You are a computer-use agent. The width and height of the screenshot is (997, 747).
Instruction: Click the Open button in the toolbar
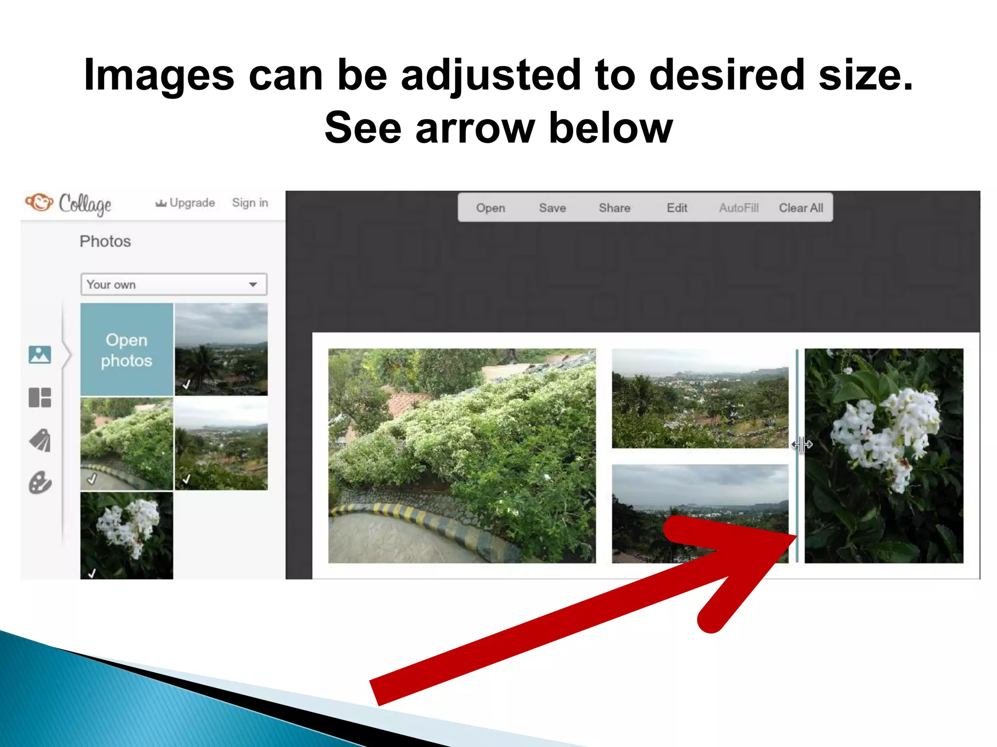[x=490, y=208]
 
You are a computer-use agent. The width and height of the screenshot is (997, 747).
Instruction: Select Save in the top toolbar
[x=552, y=208]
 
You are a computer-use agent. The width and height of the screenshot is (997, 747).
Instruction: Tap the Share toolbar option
[x=614, y=208]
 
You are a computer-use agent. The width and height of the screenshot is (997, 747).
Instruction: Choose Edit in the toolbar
[x=677, y=208]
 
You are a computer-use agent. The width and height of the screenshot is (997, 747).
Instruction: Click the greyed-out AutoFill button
[x=739, y=208]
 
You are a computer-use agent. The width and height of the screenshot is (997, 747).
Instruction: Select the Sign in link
[x=250, y=203]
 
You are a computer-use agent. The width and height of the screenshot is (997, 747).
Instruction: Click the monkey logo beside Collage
[x=39, y=202]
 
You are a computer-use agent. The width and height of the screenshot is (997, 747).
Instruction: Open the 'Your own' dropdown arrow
[x=253, y=285]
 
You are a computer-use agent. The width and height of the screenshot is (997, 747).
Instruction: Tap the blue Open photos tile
[x=127, y=350]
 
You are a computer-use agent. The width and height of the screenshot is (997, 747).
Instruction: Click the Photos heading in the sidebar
[x=105, y=242]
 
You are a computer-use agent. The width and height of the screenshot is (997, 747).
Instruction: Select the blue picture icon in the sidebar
[x=40, y=355]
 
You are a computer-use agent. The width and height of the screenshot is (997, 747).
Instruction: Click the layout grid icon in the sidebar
[x=40, y=397]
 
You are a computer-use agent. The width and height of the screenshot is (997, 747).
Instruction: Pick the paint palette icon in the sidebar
[x=40, y=483]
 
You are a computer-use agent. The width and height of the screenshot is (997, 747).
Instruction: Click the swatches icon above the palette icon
[x=40, y=441]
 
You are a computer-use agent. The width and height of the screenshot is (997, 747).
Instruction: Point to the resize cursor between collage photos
[x=801, y=444]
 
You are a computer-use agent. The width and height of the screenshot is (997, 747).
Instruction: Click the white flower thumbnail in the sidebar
[x=127, y=535]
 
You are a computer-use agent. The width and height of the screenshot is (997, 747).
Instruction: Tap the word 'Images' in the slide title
[x=159, y=75]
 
